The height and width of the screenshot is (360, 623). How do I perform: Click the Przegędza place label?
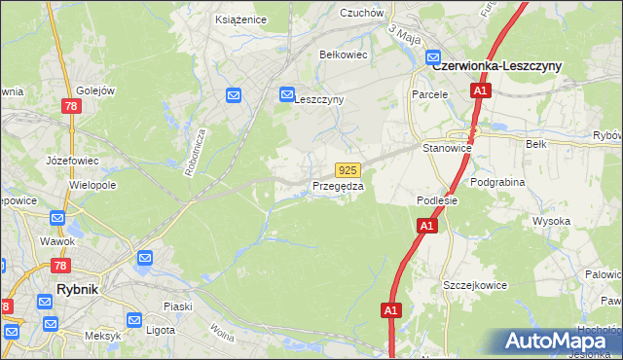click(x=338, y=186)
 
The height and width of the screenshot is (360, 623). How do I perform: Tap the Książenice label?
click(x=239, y=18)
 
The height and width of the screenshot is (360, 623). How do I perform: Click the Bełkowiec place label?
click(x=343, y=54)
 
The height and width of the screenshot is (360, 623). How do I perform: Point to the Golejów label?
click(x=95, y=90)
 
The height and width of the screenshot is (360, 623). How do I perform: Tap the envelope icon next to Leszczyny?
click(x=287, y=94)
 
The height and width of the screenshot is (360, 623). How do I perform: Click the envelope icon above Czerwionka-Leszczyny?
click(x=435, y=57)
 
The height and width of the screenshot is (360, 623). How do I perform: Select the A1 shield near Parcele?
click(x=480, y=90)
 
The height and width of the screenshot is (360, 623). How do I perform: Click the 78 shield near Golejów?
click(x=71, y=105)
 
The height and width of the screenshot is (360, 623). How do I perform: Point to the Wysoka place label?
click(x=550, y=221)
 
